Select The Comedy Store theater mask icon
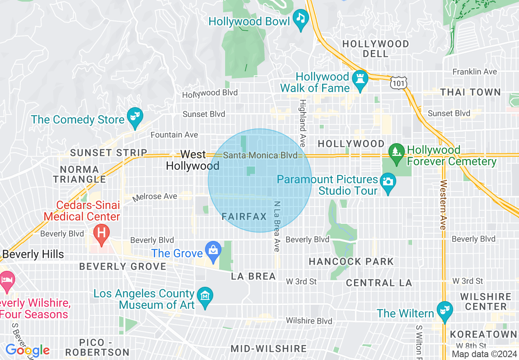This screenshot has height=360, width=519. pyautogui.click(x=133, y=116)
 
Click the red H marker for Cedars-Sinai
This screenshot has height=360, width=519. pyautogui.click(x=101, y=232)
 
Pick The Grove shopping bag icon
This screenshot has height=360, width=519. pyautogui.click(x=213, y=250)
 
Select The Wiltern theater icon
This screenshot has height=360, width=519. pyautogui.click(x=443, y=310)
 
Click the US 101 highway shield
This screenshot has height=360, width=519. pyautogui.click(x=398, y=83)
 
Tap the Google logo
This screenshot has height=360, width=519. pyautogui.click(x=27, y=350)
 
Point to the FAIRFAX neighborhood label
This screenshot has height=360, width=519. pyautogui.click(x=244, y=217)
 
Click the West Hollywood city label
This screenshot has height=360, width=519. pyautogui.click(x=193, y=160)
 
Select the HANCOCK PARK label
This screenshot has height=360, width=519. pyautogui.click(x=351, y=261)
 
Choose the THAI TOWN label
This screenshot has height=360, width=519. pyautogui.click(x=471, y=92)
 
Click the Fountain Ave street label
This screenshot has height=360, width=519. pyautogui.click(x=174, y=135)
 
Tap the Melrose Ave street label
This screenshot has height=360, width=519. pyautogui.click(x=155, y=197)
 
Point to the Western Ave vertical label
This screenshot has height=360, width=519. pyautogui.click(x=442, y=205)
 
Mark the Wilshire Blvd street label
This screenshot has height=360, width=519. pyautogui.click(x=309, y=321)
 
